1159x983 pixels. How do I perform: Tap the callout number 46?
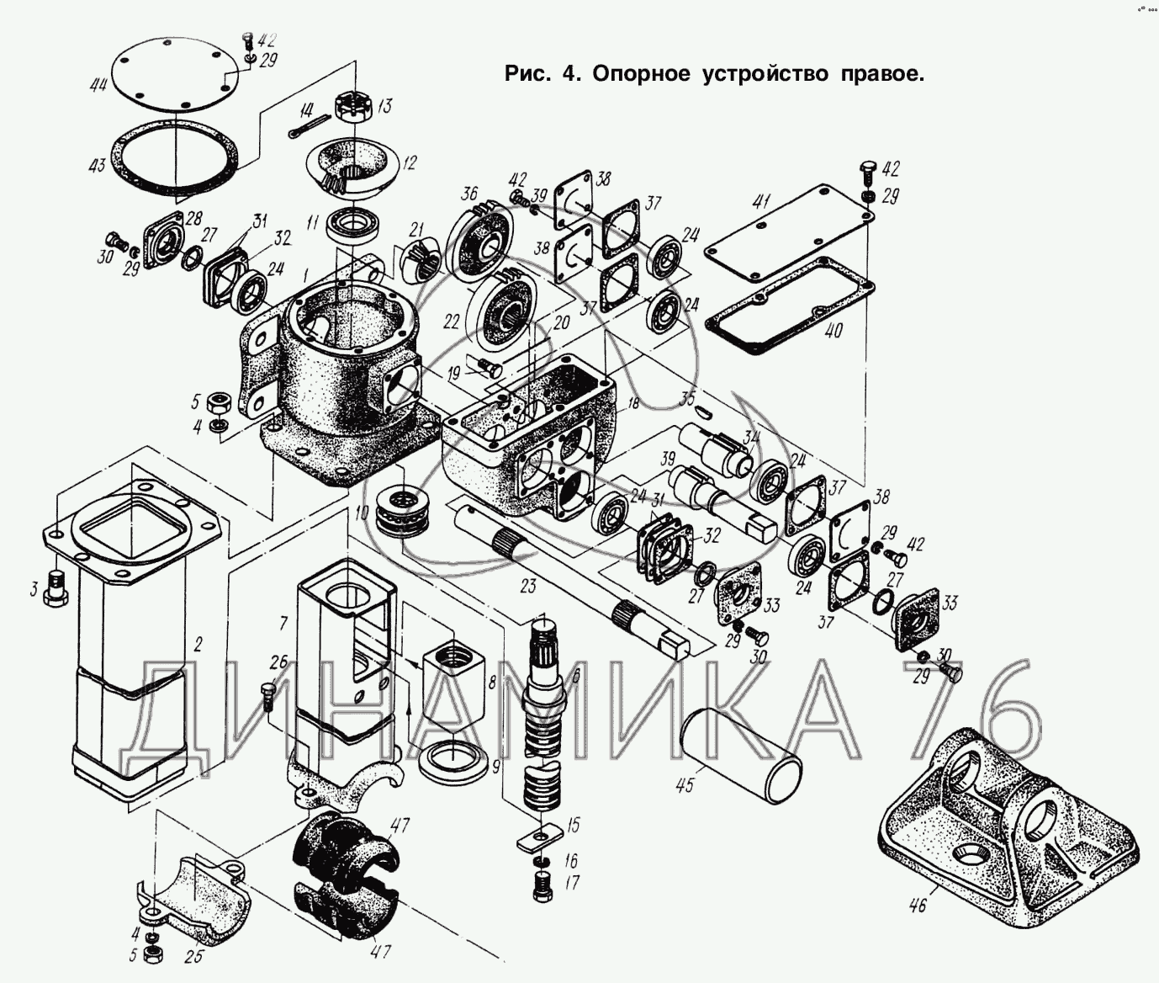917,906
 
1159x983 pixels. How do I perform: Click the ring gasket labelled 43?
177,160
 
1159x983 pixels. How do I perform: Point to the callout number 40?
833,331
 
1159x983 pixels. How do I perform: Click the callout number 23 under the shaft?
527,587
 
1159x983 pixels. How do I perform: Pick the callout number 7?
283,624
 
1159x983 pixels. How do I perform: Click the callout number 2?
198,646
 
